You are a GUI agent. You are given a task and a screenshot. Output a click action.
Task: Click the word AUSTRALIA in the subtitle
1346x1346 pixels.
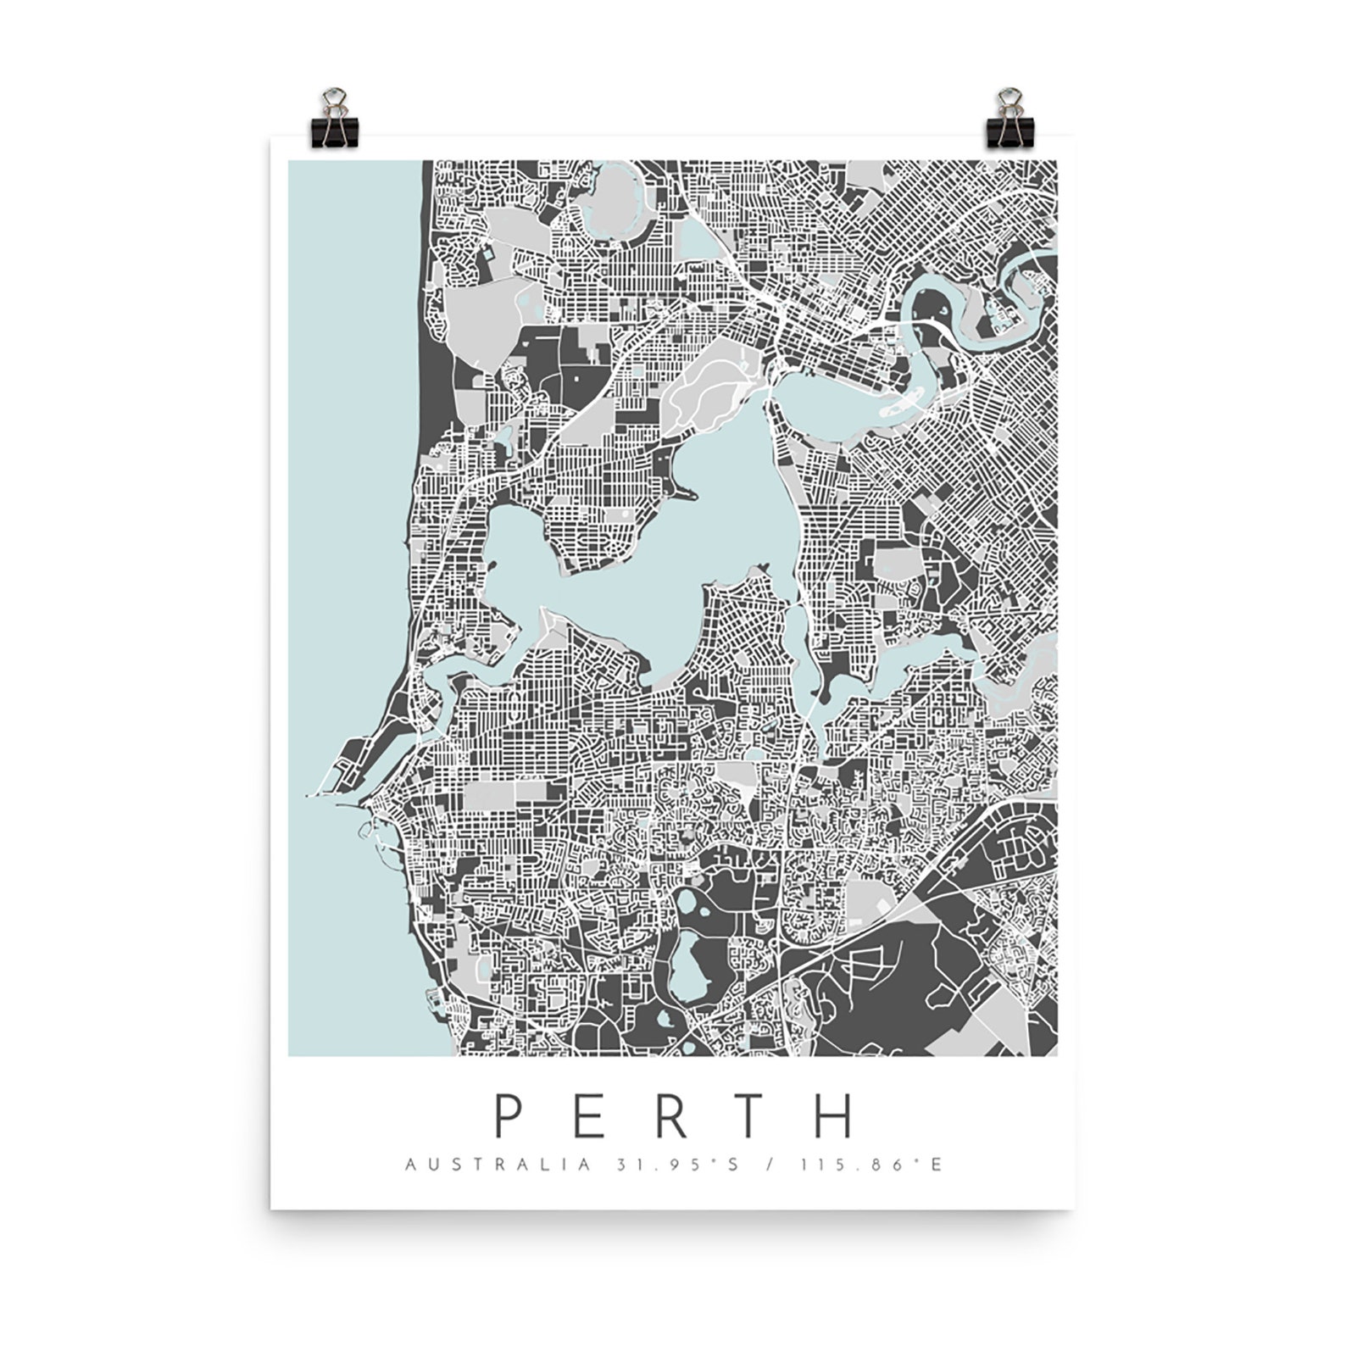498,1165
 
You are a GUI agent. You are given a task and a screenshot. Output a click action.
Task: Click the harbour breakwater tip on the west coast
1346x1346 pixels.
309,797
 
